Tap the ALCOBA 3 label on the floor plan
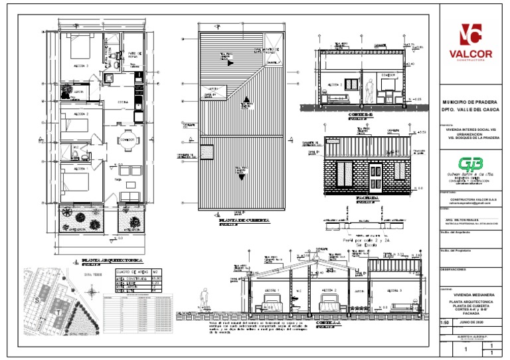point(80,66)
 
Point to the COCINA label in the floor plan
point(123,102)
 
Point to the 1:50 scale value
point(445,322)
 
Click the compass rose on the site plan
point(90,288)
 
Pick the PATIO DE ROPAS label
point(135,55)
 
